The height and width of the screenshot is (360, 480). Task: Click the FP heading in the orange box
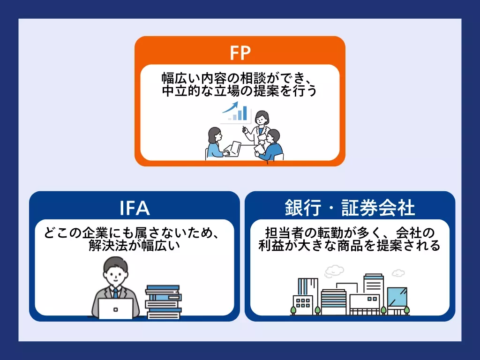tap(240, 53)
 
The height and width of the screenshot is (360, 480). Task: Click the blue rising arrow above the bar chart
tap(231, 108)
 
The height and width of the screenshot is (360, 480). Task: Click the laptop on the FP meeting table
tap(233, 150)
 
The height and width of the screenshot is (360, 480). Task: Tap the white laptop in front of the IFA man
tap(115, 308)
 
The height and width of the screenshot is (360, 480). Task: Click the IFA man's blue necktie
tap(115, 293)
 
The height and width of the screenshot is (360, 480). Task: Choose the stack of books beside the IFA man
tap(163, 302)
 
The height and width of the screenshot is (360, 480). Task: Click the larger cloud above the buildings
tap(333, 270)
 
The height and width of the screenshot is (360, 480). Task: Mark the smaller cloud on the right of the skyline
tap(398, 273)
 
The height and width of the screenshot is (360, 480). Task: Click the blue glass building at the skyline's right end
tap(397, 298)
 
